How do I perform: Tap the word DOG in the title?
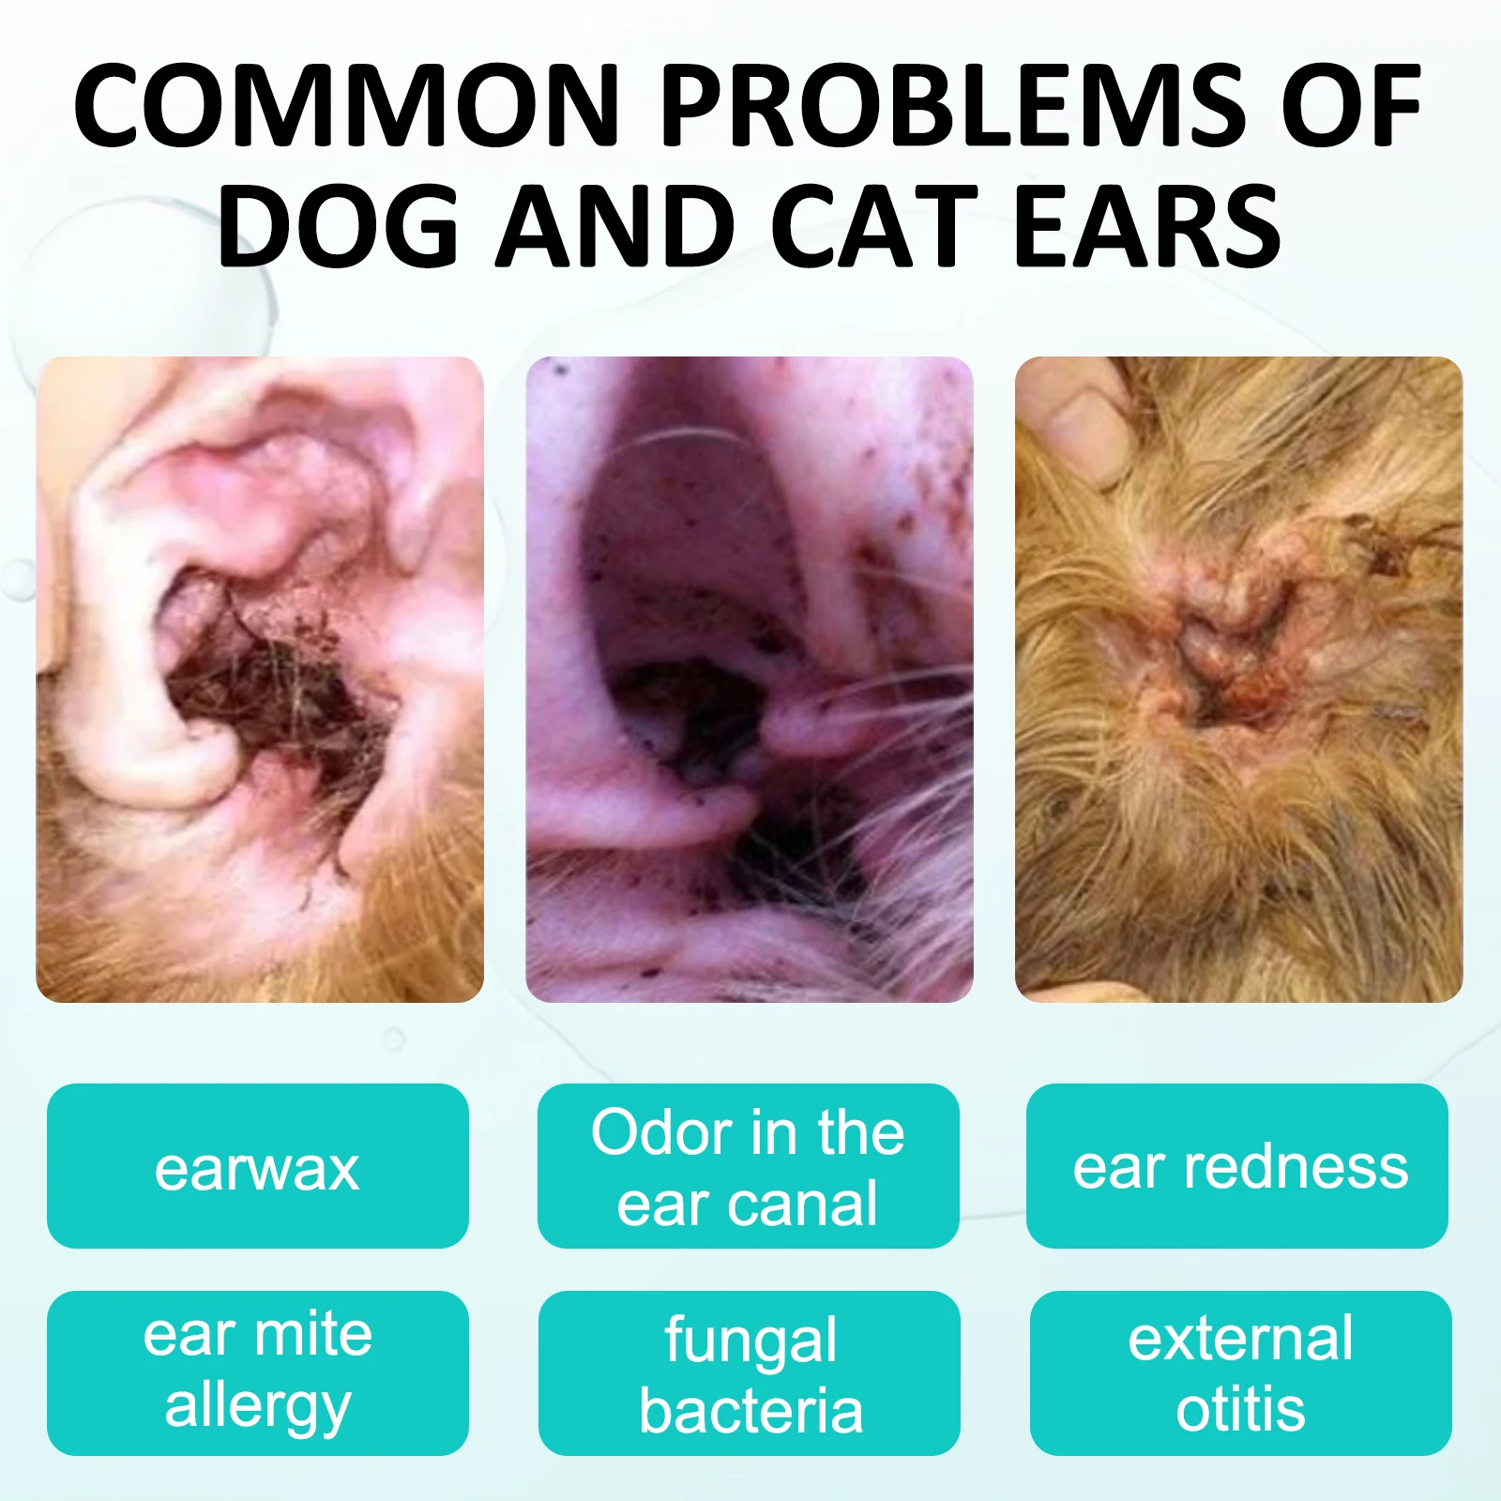(x=338, y=225)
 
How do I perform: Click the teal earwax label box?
(x=257, y=1166)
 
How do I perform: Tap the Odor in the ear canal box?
(x=748, y=1166)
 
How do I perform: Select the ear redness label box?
(x=1237, y=1166)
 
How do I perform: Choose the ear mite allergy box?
(x=257, y=1372)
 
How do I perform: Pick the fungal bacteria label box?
(x=749, y=1372)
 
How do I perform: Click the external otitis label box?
(x=1240, y=1372)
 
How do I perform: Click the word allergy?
(x=257, y=1407)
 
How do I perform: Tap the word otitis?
(x=1240, y=1409)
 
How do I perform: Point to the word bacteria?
(x=750, y=1411)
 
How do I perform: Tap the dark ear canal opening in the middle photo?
(x=690, y=704)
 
